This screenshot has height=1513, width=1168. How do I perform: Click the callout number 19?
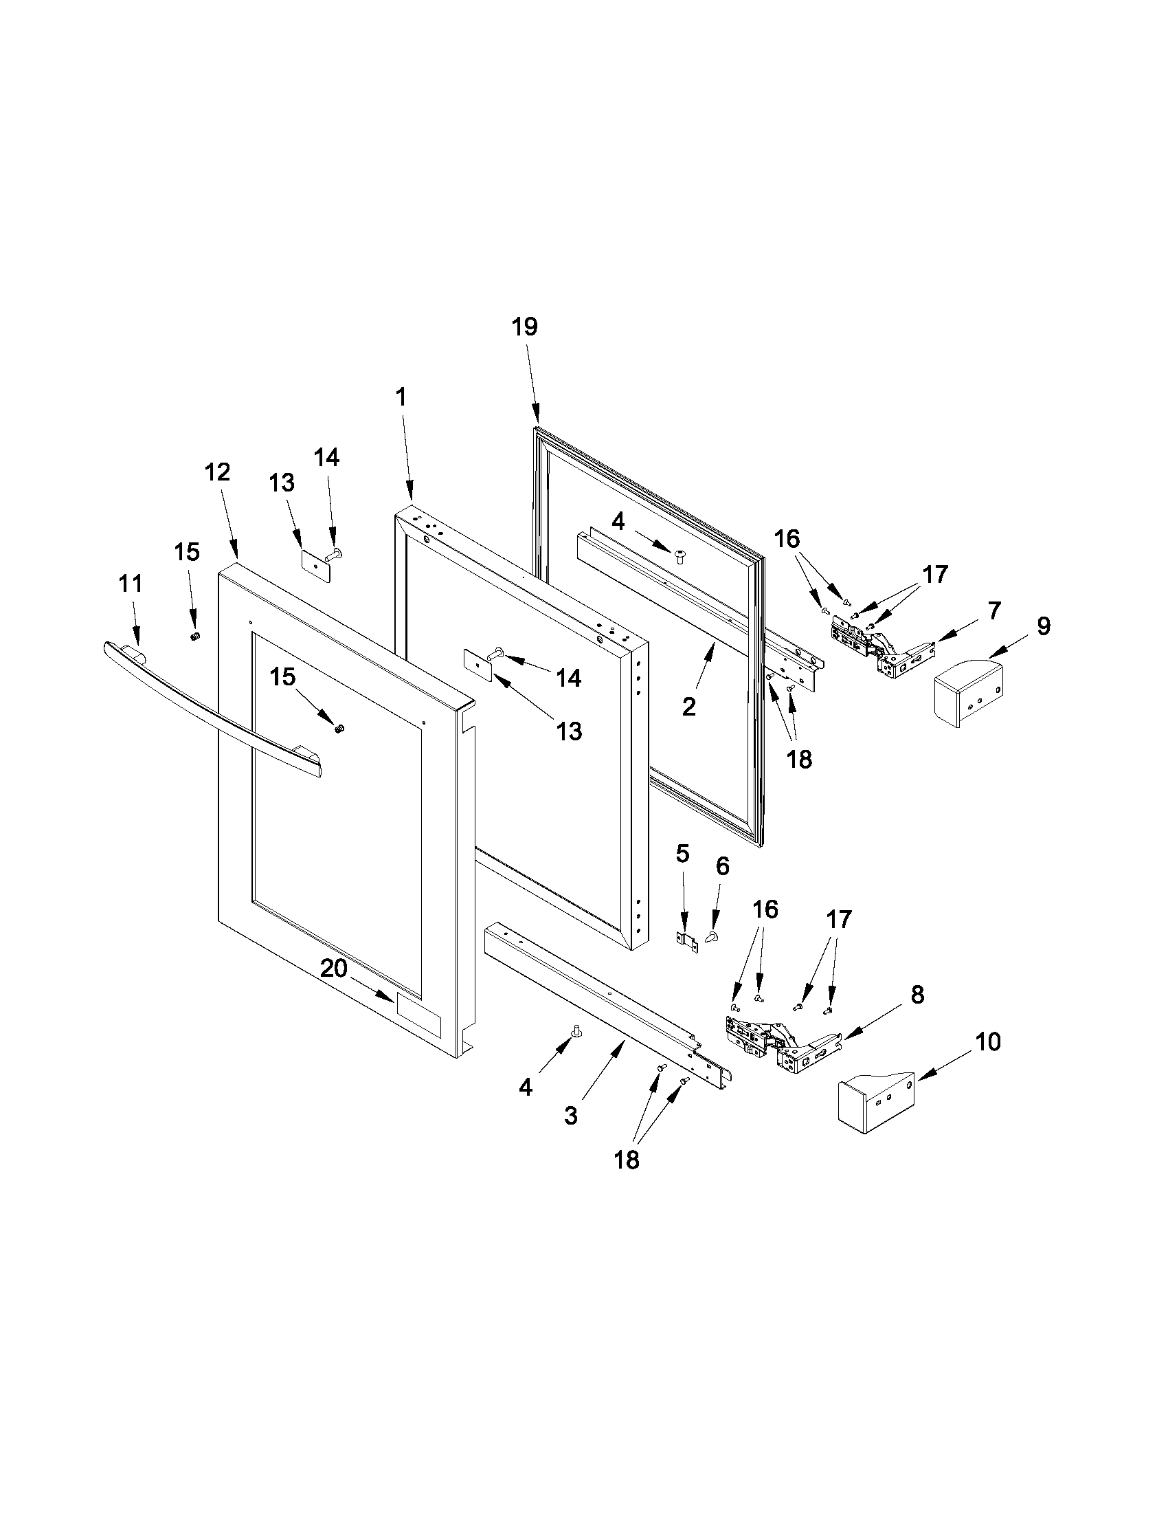point(525,327)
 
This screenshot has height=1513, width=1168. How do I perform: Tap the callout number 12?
point(216,472)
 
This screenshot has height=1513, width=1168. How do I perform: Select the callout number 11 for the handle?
point(130,584)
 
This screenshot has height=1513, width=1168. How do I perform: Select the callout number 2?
point(688,707)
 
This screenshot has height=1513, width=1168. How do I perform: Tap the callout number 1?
point(400,397)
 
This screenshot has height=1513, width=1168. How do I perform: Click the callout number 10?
point(988,1042)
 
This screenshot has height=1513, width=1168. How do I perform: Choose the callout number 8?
point(917,995)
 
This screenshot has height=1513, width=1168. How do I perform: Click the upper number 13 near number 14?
point(282,483)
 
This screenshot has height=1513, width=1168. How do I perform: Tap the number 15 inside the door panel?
point(282,677)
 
